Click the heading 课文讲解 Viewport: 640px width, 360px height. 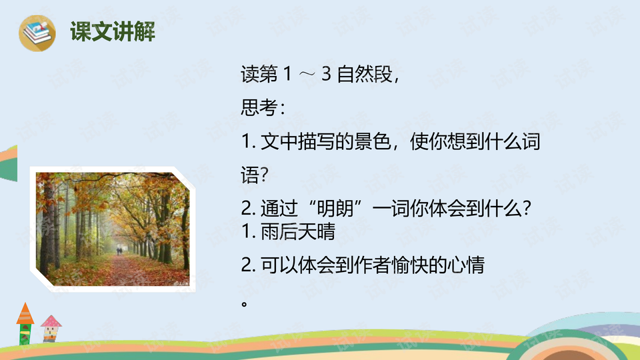pos(113,31)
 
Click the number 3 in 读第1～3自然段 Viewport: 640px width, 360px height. pos(326,75)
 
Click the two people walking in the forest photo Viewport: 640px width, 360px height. pos(119,251)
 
